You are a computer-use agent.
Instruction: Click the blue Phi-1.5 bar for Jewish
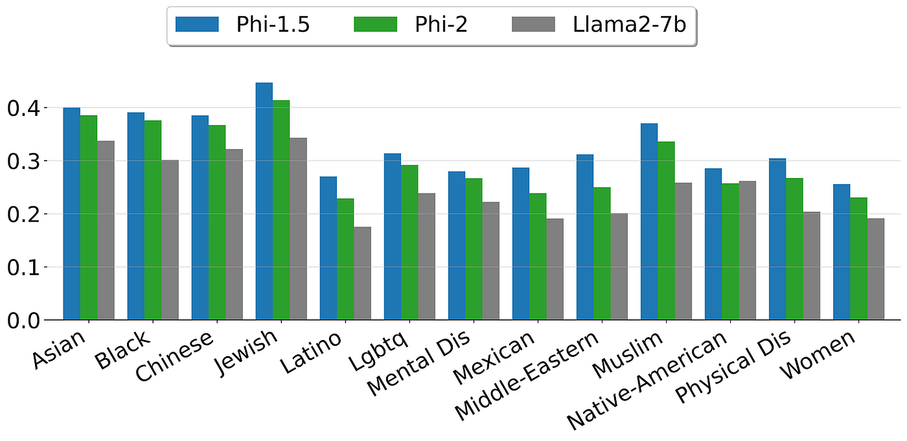tap(264, 201)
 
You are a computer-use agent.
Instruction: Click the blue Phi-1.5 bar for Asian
tap(71, 213)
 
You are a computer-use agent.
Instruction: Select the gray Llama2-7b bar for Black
tap(170, 240)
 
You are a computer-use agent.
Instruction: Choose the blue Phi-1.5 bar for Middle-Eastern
tap(585, 236)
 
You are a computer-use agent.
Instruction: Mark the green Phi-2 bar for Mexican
tap(538, 256)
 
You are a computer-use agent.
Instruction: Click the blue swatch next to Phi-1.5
tap(196, 26)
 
